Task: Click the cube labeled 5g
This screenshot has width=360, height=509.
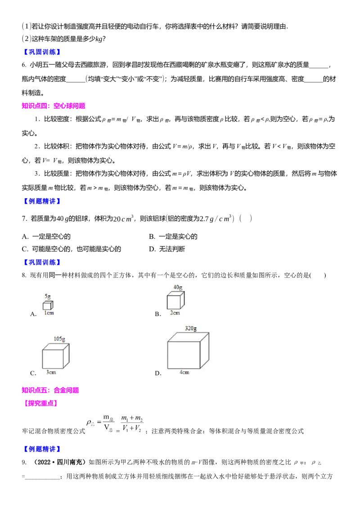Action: (48, 305)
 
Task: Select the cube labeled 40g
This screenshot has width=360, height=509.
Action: (175, 300)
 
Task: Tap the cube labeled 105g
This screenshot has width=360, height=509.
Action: (55, 356)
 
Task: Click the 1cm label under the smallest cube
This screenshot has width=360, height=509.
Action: (49, 313)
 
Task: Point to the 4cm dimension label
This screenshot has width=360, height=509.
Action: (184, 372)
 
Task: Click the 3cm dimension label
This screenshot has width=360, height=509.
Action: (51, 372)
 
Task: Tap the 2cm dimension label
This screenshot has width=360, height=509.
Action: (175, 313)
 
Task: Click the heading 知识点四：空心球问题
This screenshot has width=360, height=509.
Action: (54, 106)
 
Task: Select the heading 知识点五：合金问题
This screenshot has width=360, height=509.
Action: (50, 390)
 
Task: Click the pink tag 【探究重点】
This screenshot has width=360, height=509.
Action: (41, 403)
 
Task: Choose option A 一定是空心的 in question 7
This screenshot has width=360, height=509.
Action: (46, 237)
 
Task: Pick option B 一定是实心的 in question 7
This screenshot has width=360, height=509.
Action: (173, 237)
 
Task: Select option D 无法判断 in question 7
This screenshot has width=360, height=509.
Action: (167, 249)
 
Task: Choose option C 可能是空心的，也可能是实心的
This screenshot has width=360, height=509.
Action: (72, 249)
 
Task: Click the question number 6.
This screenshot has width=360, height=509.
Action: (24, 65)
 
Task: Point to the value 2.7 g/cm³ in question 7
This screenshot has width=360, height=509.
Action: (216, 218)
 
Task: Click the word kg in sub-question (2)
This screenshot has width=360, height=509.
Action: (99, 39)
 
